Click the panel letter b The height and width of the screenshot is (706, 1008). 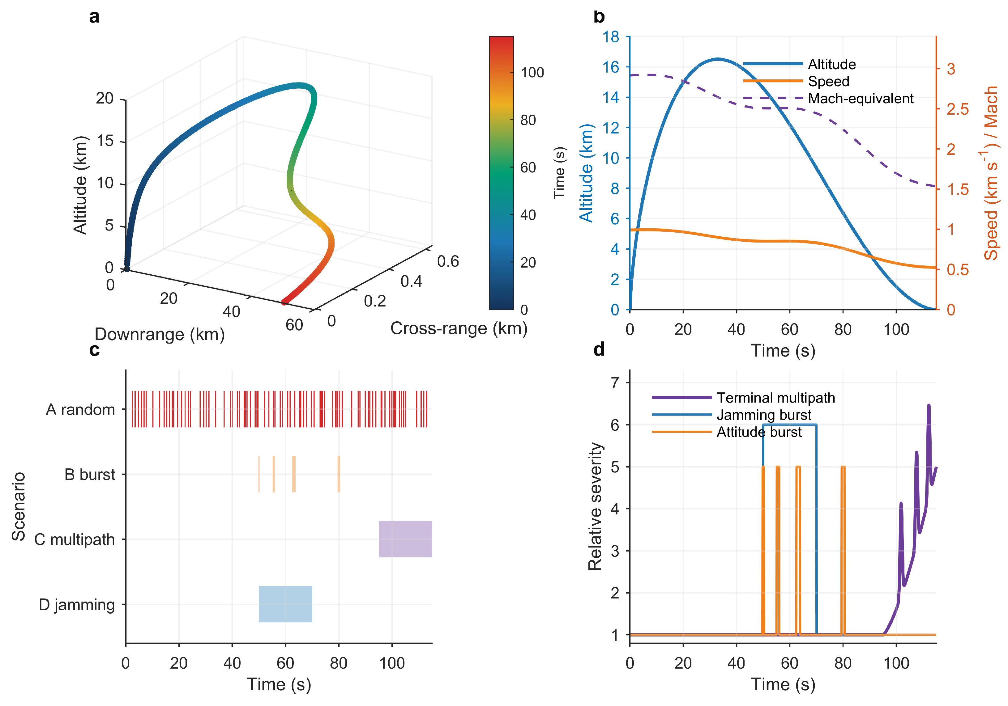coord(599,17)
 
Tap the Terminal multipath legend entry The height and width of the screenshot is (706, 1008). coord(744,398)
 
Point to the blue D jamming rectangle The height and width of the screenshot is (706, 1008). coord(285,604)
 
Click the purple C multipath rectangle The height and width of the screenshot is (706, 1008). coord(405,539)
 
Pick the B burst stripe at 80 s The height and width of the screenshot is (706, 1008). coord(339,474)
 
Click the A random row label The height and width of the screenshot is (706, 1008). coord(80,409)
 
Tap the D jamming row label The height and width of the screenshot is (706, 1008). coord(77,605)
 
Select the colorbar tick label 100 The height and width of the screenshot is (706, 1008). coord(532,72)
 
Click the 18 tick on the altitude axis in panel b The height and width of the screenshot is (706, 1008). coord(611,37)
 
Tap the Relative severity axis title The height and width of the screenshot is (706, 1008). coord(595,506)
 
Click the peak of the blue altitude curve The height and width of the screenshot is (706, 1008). coord(718,59)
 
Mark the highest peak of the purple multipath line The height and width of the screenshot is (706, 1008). coord(929,405)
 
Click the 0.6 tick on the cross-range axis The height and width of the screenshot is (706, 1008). coord(448,261)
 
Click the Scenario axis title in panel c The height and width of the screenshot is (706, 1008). coord(19,506)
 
